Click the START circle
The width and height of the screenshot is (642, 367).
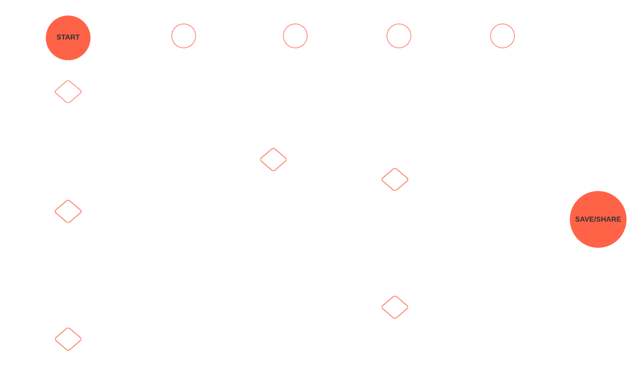pos(68,37)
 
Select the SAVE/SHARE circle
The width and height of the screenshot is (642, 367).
pos(598,219)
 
